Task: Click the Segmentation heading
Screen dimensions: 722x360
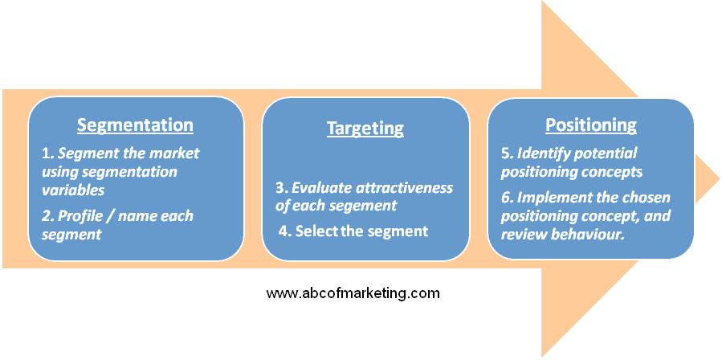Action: pos(135,126)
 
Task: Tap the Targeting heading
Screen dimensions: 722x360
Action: pos(365,129)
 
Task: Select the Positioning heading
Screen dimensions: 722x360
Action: pos(591,125)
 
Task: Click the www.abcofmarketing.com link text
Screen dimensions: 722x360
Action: pos(353,293)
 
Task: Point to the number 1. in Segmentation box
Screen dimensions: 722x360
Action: pos(48,153)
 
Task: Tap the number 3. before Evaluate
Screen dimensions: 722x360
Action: pos(282,188)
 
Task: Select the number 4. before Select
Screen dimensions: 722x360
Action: pos(285,231)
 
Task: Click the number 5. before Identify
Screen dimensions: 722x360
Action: pos(508,153)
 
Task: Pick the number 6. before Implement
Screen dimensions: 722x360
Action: pos(508,198)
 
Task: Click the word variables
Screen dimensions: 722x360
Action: pos(73,190)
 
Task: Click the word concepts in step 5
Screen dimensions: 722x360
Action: pos(614,172)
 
